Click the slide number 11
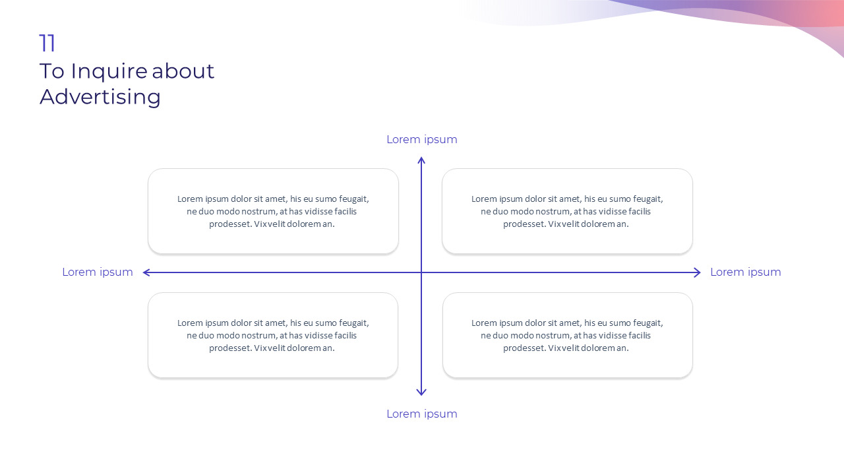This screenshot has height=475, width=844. tap(47, 44)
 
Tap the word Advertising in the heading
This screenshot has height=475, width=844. tap(100, 97)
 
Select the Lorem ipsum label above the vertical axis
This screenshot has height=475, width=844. tap(421, 140)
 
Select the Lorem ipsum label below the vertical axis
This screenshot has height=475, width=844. tap(421, 414)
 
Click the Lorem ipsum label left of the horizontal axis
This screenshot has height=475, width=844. tap(98, 272)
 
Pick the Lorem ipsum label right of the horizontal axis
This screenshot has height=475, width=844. tap(745, 272)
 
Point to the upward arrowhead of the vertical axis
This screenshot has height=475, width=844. tap(421, 160)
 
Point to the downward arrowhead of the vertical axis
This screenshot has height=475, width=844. tap(421, 393)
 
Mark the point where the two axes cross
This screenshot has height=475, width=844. tap(421, 272)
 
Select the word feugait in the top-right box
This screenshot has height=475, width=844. tap(647, 199)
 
